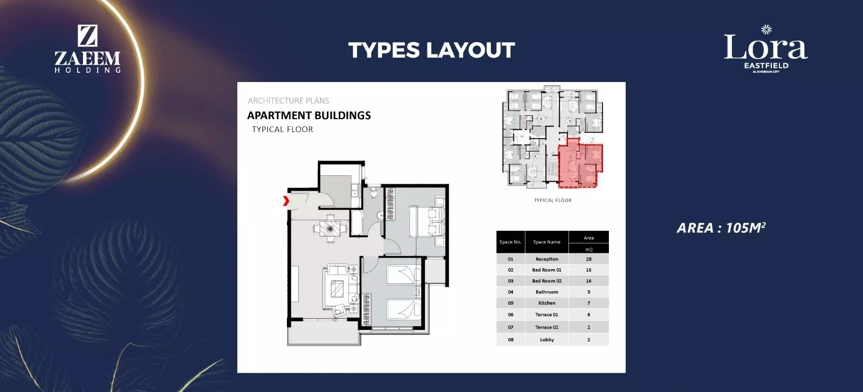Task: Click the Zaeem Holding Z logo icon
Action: point(87,36)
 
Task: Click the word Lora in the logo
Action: point(765,47)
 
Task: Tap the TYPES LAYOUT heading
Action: point(432,50)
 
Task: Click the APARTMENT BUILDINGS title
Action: point(309,115)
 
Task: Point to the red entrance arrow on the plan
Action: point(286,201)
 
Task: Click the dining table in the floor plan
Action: point(330,229)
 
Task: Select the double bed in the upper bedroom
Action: point(427,222)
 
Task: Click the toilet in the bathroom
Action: point(374,192)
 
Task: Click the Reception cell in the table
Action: point(547,259)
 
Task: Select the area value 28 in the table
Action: point(588,259)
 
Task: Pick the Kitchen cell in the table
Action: point(547,303)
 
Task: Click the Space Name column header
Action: point(547,242)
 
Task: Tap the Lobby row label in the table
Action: point(547,340)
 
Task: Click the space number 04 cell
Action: point(510,292)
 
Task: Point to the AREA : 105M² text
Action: point(721,228)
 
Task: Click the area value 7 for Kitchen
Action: point(588,303)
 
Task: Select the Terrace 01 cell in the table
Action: point(547,314)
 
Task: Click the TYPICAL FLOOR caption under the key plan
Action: point(552,200)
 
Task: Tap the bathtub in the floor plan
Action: point(357,222)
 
